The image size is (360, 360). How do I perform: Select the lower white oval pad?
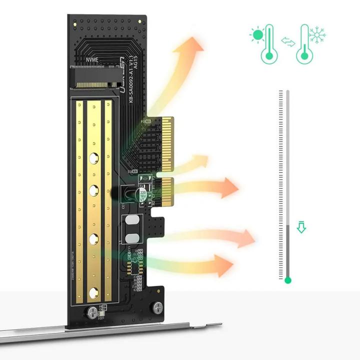click(x=132, y=238)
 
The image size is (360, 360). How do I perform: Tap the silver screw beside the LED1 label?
click(x=92, y=312)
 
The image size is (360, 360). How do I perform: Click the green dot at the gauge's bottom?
click(x=287, y=280)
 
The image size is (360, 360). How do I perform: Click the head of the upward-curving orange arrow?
click(x=196, y=46)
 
